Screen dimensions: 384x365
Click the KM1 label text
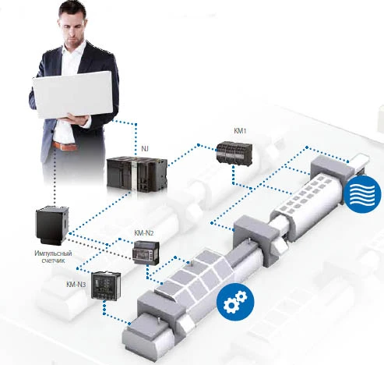point(240,131)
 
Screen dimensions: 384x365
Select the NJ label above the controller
point(145,149)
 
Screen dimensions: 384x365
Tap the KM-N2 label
point(144,233)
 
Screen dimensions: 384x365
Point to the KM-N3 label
point(76,285)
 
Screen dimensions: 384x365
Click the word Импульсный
point(53,253)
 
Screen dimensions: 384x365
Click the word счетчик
point(53,260)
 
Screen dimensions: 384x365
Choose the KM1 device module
point(234,154)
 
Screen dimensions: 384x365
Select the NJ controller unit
point(137,173)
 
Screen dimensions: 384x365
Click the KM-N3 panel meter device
point(106,285)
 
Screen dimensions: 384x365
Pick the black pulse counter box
point(52,225)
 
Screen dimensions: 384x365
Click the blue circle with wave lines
point(362,194)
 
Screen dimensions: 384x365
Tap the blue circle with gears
point(235,302)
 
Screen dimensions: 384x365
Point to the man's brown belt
point(65,146)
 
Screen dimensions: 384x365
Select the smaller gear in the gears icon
point(241,296)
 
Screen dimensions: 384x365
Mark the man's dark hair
point(73,10)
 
